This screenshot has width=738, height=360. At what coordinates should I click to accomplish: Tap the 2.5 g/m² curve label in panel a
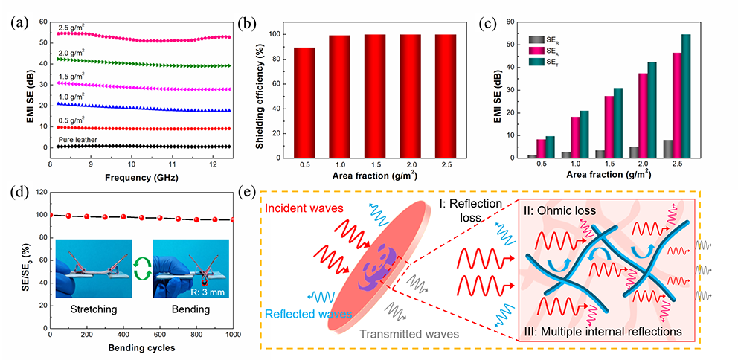[x=75, y=28]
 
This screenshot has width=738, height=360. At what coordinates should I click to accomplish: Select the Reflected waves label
[x=308, y=315]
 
